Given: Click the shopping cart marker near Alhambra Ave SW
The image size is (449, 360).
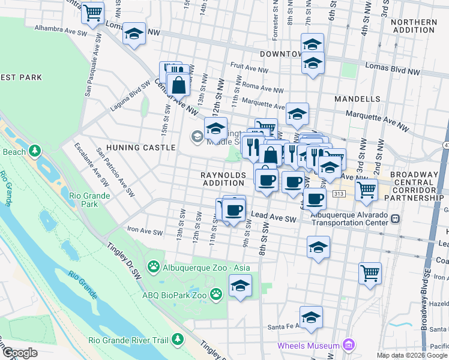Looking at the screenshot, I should point(92,13).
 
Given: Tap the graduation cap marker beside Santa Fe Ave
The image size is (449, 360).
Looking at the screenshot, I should point(311,317).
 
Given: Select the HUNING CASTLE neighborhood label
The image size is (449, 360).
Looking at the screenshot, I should point(141,147).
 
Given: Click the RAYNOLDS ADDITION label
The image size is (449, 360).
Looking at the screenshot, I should point(223,178).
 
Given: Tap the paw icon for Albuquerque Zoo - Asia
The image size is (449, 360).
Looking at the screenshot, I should point(154,266).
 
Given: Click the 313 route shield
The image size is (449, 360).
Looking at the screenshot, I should point(339,194).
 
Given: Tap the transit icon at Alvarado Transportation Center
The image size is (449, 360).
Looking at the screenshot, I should point(395,218).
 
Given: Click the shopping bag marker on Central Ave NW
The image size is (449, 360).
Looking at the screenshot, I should point(179,85).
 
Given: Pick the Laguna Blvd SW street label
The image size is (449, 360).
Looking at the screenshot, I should point(130,97).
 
